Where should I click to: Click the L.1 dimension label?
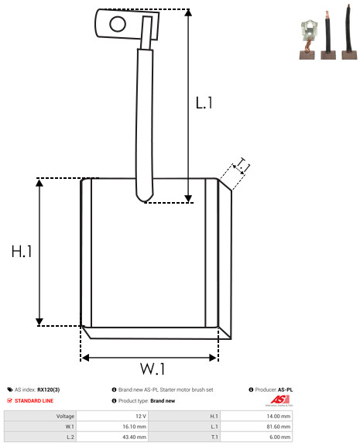point(204,103)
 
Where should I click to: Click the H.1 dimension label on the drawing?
point(22,252)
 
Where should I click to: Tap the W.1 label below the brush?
point(153,369)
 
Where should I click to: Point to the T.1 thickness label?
point(242,165)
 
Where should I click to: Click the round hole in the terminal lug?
point(118,24)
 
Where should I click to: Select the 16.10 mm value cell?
point(134,427)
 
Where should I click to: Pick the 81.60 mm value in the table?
point(279,427)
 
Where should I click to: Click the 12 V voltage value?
point(141,417)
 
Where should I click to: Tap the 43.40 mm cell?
point(134,437)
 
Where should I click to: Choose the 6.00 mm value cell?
point(279,437)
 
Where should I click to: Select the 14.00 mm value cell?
point(279,417)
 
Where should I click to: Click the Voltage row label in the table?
point(65,417)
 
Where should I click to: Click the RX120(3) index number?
point(49,389)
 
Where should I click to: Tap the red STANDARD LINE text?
point(34,401)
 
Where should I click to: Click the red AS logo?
point(279,400)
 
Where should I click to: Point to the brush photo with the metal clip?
point(307,39)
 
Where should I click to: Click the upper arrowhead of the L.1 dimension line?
point(188,12)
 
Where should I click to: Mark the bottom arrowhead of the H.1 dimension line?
point(39,322)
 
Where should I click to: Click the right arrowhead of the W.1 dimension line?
point(213,358)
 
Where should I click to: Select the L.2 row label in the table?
point(70,437)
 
